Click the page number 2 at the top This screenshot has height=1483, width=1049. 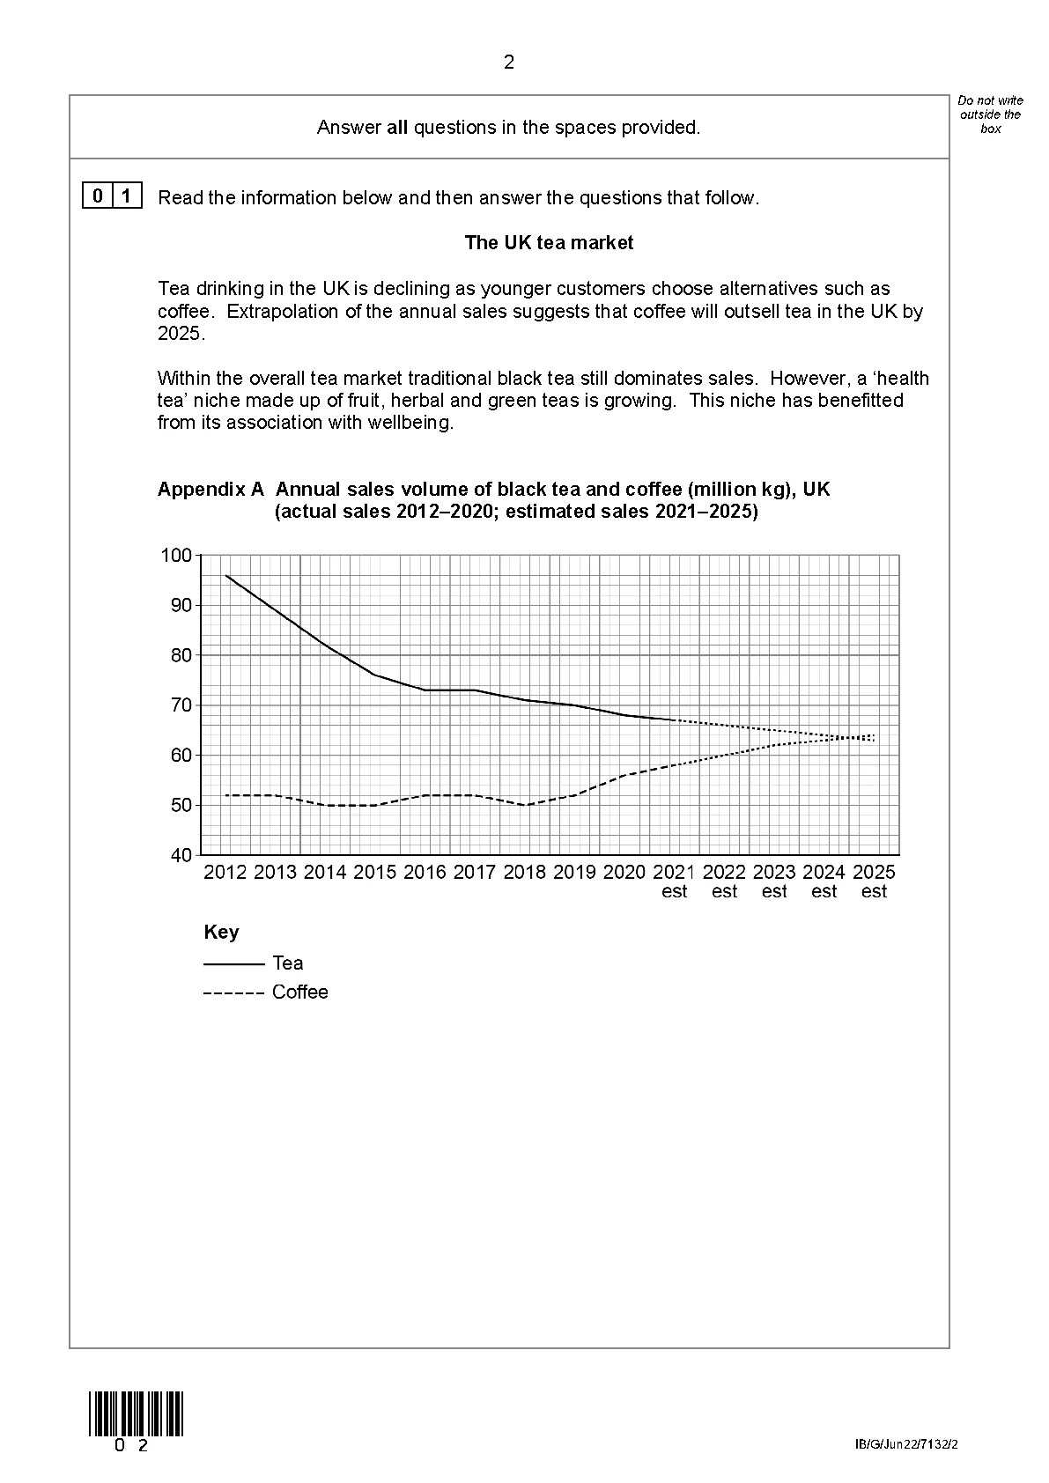tap(508, 63)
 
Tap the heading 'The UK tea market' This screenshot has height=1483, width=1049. tap(549, 243)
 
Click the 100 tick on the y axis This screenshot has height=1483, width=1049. tap(175, 556)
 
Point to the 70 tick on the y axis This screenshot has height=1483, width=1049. tap(181, 705)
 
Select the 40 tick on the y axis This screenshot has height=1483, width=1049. tap(181, 855)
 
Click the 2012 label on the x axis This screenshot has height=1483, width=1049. tap(225, 873)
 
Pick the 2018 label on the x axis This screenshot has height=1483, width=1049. tap(525, 873)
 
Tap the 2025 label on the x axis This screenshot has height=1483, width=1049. tap(874, 873)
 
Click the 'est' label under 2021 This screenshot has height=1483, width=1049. tap(674, 892)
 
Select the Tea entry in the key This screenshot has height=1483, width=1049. tap(288, 963)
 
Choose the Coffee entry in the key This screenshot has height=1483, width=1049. tap(299, 992)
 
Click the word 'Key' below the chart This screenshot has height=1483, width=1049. tap(221, 933)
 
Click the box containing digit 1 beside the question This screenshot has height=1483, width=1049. tap(128, 196)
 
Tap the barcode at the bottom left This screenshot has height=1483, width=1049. tap(136, 1413)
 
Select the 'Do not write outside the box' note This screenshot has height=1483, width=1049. tap(990, 114)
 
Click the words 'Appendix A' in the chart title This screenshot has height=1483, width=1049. tap(211, 490)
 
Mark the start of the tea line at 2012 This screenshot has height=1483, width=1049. tap(226, 576)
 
